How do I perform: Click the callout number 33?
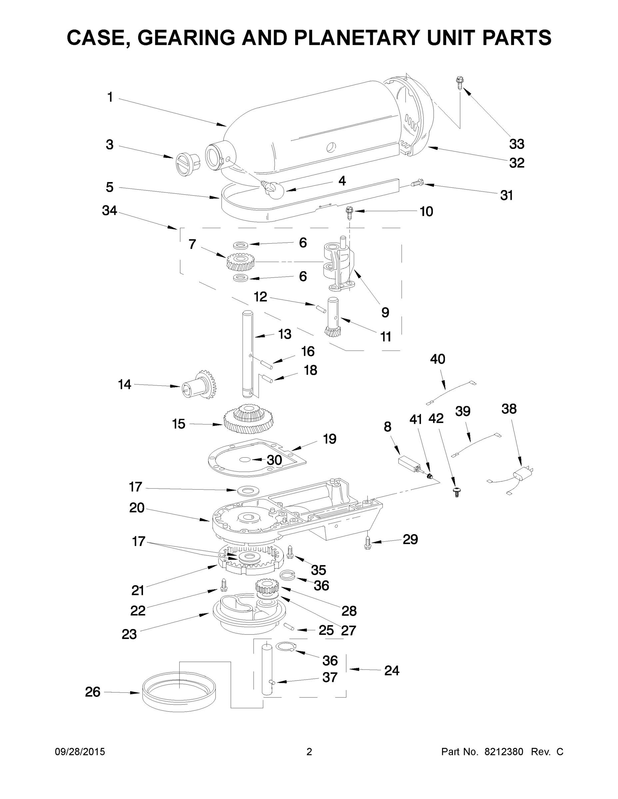point(517,144)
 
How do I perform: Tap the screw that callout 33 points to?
point(458,83)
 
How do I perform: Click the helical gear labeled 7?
point(240,262)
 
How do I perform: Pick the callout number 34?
point(110,210)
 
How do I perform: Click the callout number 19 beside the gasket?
point(329,439)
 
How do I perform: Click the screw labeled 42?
point(456,491)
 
